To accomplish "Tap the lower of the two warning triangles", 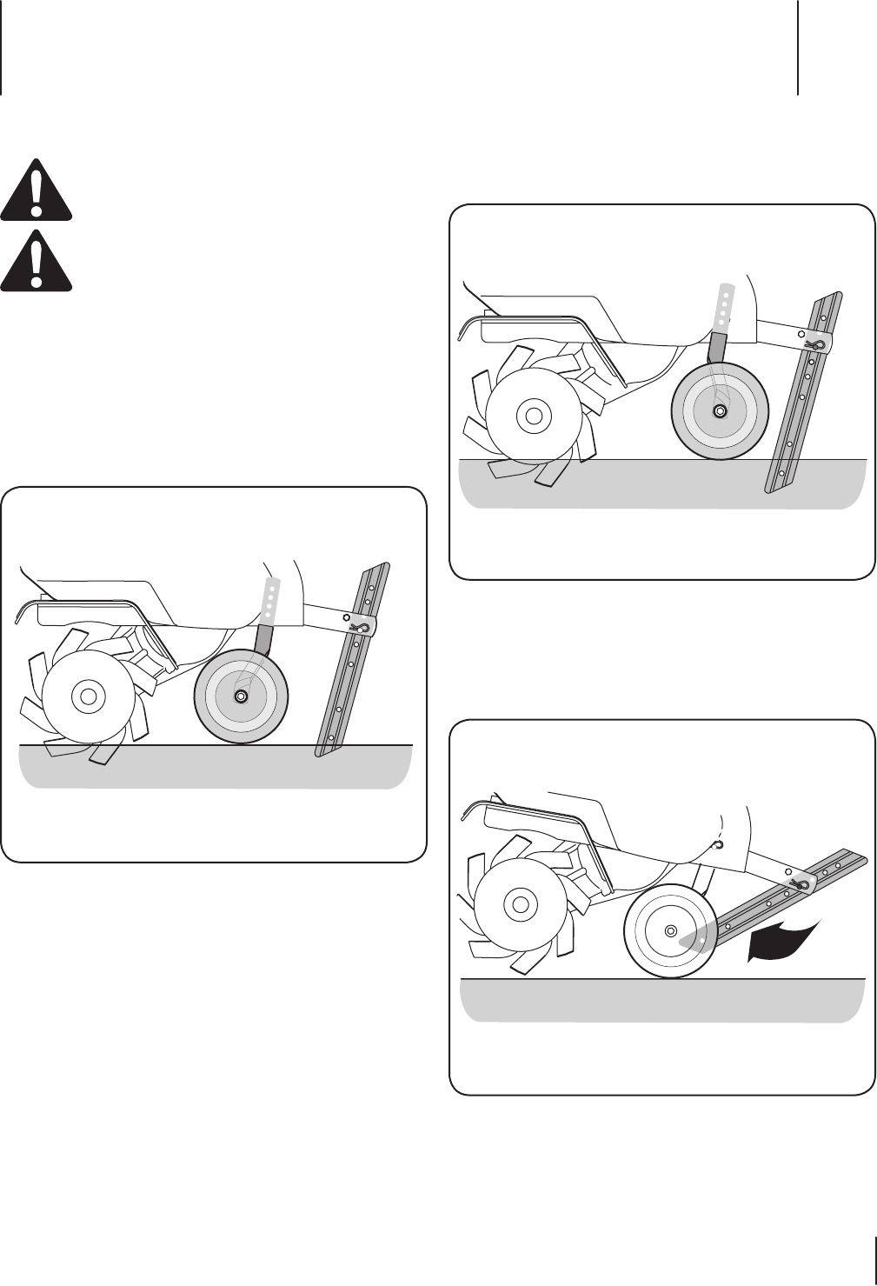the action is pyautogui.click(x=36, y=261).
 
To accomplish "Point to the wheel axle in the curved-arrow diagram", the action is pyautogui.click(x=670, y=930).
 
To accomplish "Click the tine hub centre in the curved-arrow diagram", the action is pyautogui.click(x=521, y=904).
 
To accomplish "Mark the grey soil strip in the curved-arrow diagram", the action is pyautogui.click(x=661, y=1000).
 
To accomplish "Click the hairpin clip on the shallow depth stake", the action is pyautogui.click(x=359, y=626).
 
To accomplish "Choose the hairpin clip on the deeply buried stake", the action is pyautogui.click(x=814, y=344).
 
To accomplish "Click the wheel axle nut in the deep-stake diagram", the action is pyautogui.click(x=720, y=410).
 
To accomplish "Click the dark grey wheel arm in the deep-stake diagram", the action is pyautogui.click(x=717, y=348).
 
